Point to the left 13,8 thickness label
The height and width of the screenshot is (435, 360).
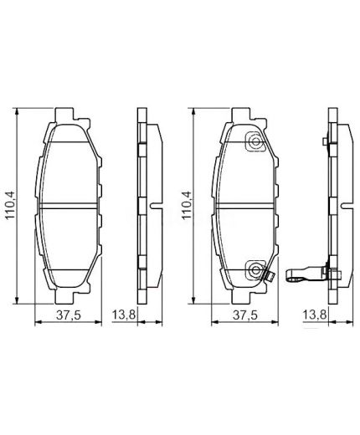(x=124, y=315)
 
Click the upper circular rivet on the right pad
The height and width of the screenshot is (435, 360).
(x=252, y=143)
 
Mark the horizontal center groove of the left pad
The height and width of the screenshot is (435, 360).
(x=69, y=205)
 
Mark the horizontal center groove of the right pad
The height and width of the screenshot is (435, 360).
(x=243, y=205)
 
